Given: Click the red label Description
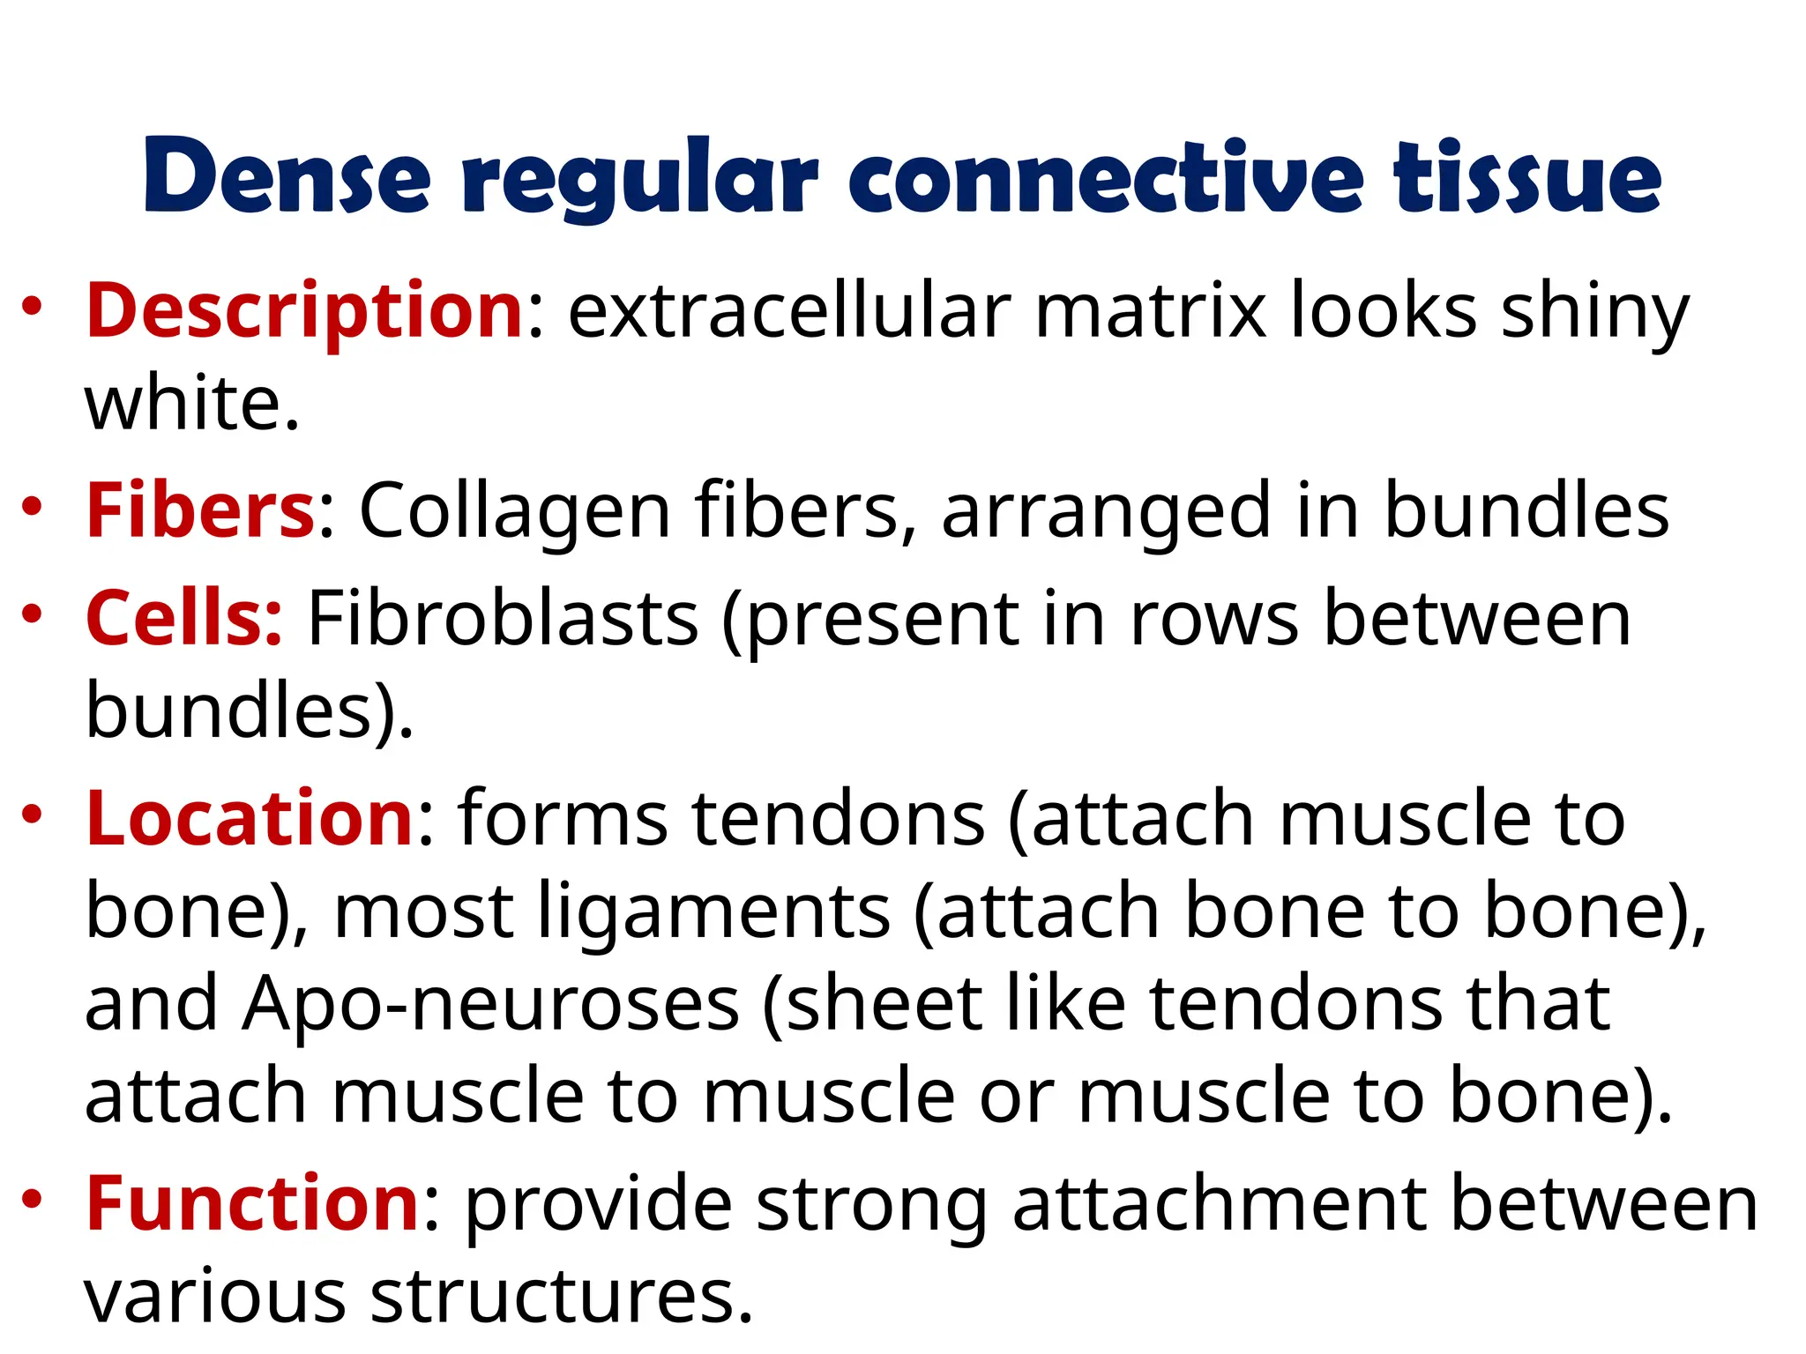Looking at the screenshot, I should (x=305, y=310).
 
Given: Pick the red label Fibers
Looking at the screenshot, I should (x=200, y=510).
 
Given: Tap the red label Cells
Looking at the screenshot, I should (x=183, y=619).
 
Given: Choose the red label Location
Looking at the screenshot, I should (x=250, y=818).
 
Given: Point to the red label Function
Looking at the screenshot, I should (x=252, y=1204).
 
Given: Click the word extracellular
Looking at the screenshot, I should (x=789, y=310).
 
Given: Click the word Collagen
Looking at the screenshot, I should (x=515, y=512).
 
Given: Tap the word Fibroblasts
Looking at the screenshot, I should (x=503, y=619).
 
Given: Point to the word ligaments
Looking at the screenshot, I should (x=714, y=913).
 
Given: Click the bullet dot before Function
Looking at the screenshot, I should (x=33, y=1199).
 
